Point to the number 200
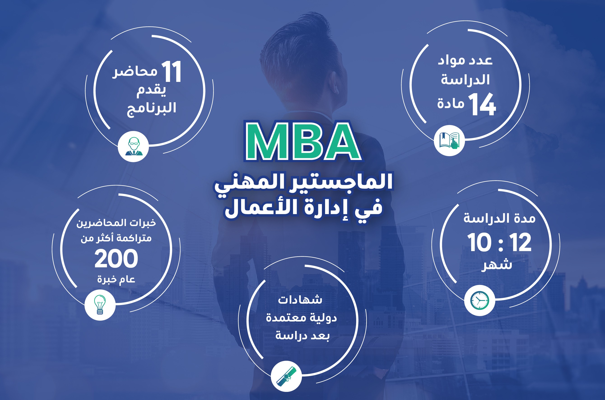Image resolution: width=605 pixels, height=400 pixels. (116, 259)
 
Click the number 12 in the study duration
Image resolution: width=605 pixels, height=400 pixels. (520, 242)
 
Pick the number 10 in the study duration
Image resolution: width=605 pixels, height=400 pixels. (479, 242)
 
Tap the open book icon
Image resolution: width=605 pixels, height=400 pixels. (449, 140)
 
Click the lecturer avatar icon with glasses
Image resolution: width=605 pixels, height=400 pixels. (133, 146)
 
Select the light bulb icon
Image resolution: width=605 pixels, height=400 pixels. (100, 305)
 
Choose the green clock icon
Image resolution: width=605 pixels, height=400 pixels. (480, 300)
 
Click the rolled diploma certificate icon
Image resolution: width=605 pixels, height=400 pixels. (286, 376)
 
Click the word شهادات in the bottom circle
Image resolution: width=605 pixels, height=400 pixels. (300, 299)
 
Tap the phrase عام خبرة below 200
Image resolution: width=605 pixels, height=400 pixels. (116, 279)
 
